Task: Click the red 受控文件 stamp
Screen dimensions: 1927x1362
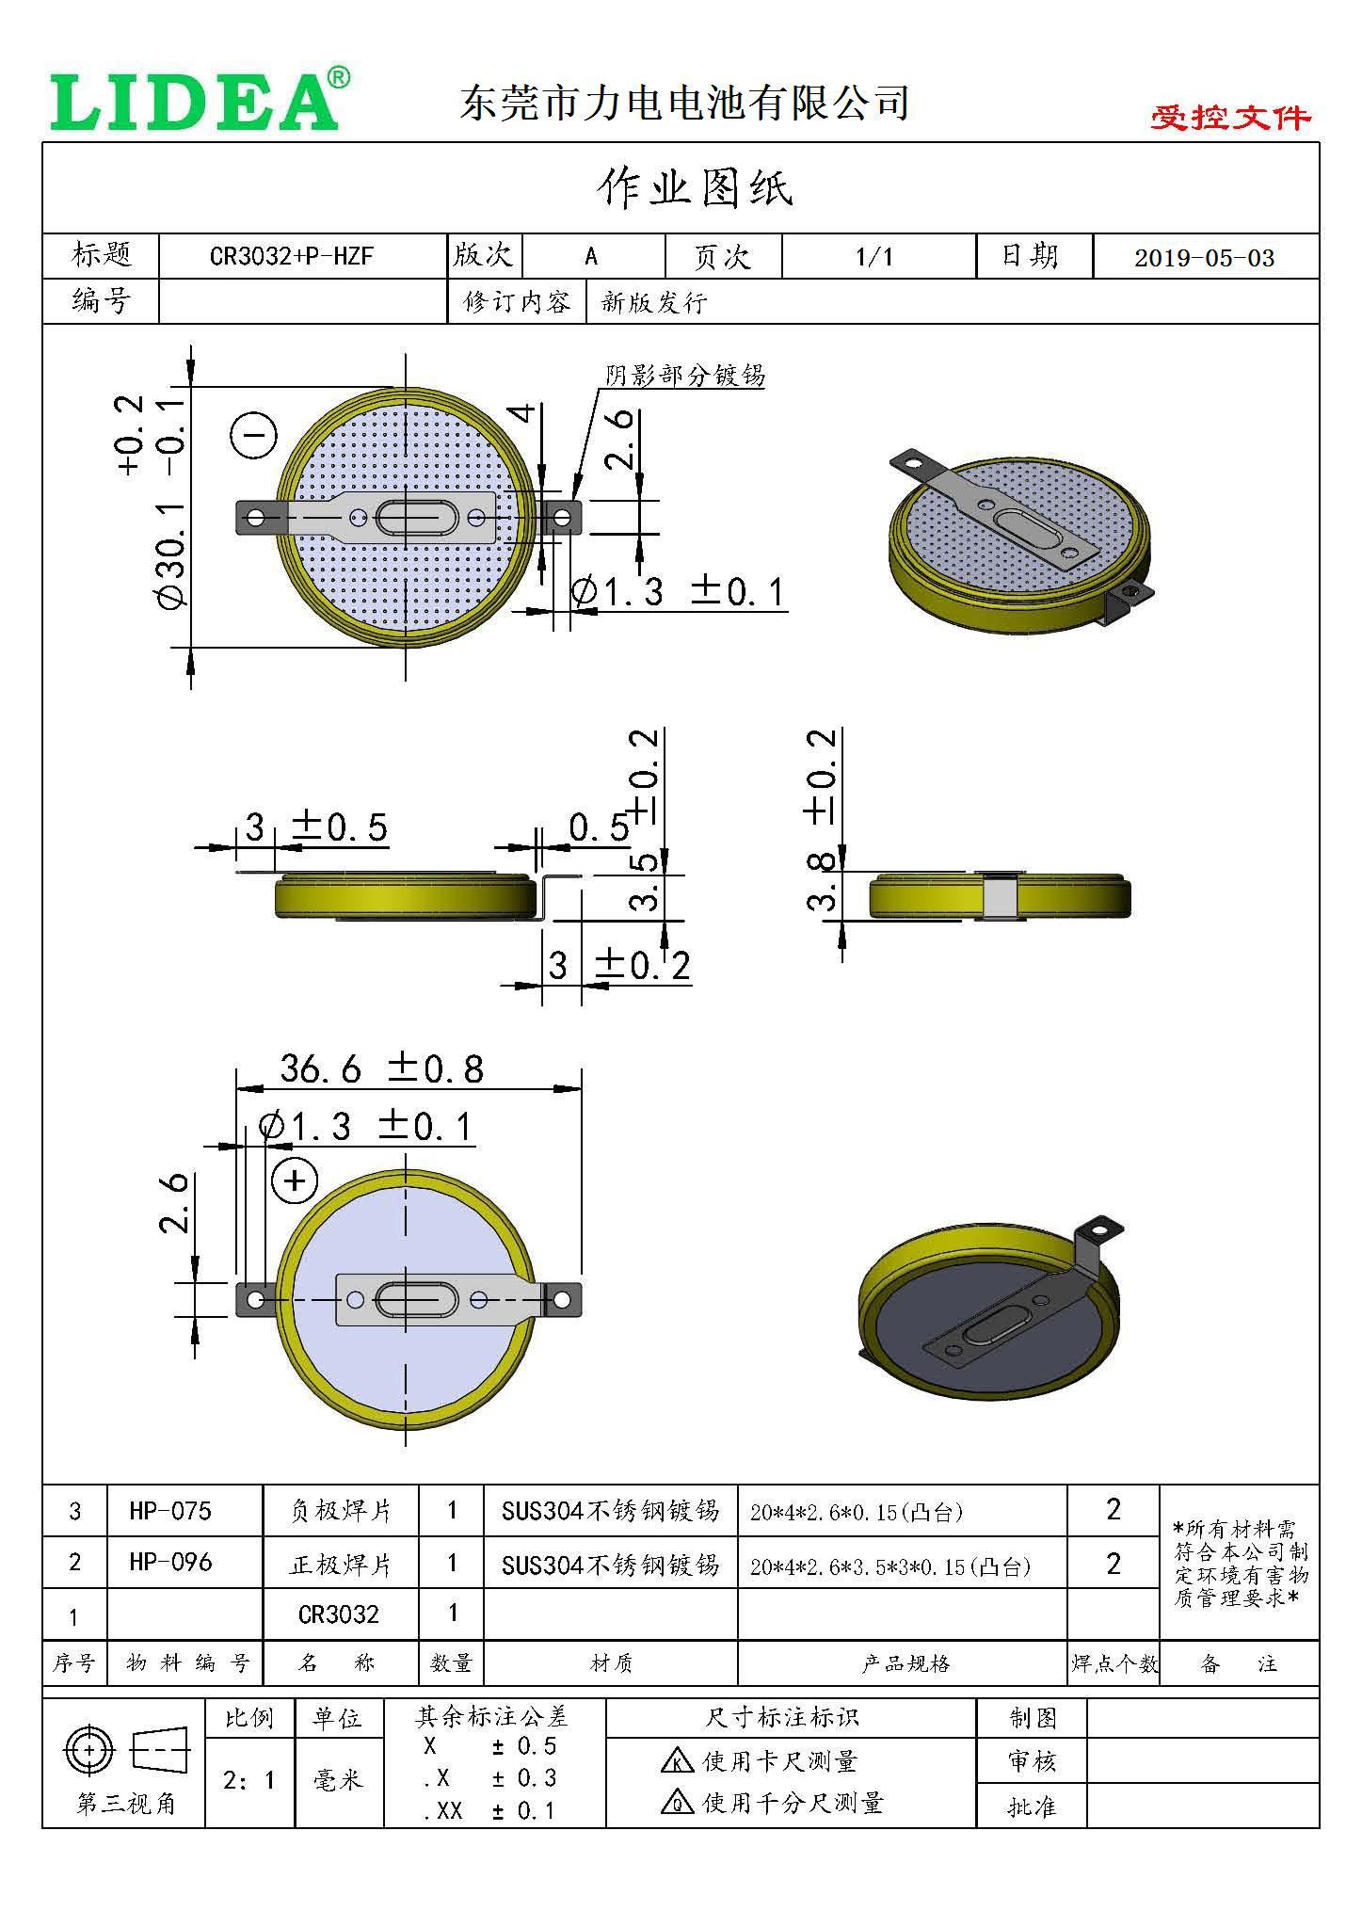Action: pyautogui.click(x=1229, y=118)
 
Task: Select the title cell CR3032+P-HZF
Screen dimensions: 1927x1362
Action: pyautogui.click(x=291, y=256)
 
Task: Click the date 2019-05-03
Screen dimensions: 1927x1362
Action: pyautogui.click(x=1204, y=258)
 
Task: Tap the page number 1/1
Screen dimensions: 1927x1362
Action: pyautogui.click(x=873, y=256)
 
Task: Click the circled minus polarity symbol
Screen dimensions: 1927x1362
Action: pyautogui.click(x=253, y=436)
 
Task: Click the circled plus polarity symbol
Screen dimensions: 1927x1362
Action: pyautogui.click(x=295, y=1180)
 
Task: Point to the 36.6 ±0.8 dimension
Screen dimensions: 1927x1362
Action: pyautogui.click(x=381, y=1068)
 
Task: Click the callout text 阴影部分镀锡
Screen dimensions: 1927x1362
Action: pyautogui.click(x=684, y=376)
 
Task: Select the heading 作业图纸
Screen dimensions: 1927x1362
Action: pyautogui.click(x=695, y=188)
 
